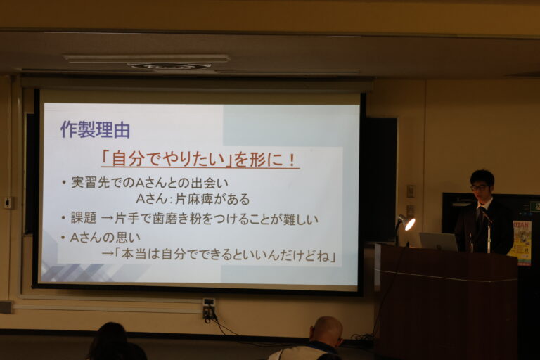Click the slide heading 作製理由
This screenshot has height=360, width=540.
pos(95,129)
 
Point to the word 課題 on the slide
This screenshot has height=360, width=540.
pos(84,218)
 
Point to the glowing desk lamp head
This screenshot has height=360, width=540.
pos(408,224)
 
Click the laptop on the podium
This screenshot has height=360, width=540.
pos(438,241)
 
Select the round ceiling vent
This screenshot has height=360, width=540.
pos(171,66)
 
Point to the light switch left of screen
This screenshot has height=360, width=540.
pos(8,202)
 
